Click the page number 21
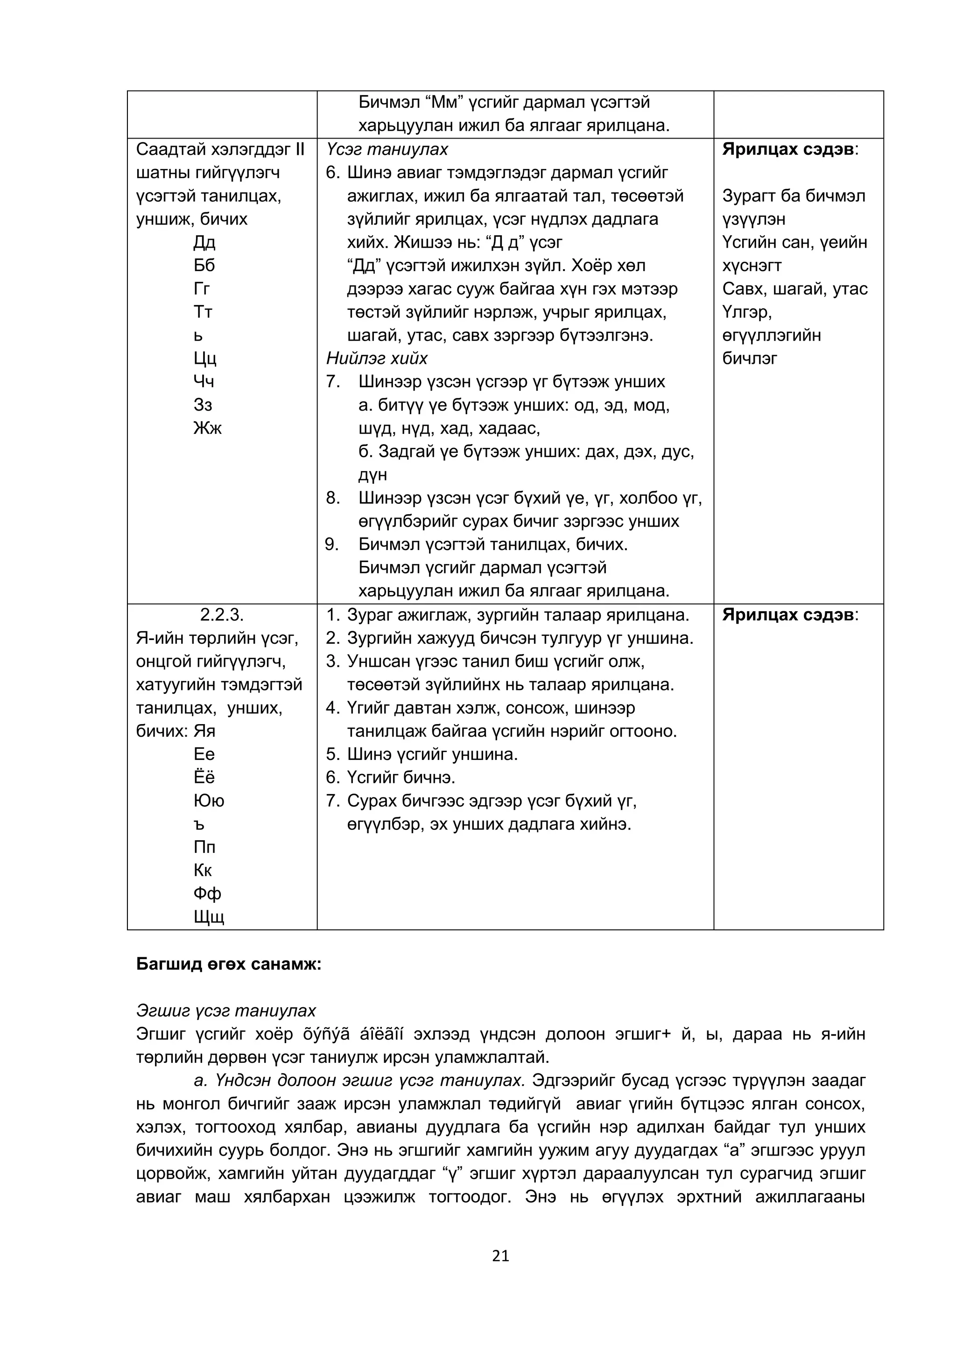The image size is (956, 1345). [500, 1256]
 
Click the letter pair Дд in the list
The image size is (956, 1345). [204, 243]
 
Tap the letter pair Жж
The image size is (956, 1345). [207, 428]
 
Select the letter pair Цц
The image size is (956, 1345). [205, 358]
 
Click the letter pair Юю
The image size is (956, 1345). [208, 801]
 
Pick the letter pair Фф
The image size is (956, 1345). [207, 894]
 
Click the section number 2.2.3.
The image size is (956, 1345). [222, 615]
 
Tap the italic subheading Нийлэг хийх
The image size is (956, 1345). [377, 358]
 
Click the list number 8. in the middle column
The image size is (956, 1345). [333, 498]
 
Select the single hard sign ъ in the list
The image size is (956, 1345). [199, 824]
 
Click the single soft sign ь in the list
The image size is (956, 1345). [198, 335]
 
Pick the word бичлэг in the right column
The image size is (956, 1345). [749, 358]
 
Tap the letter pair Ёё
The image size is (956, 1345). [204, 778]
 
